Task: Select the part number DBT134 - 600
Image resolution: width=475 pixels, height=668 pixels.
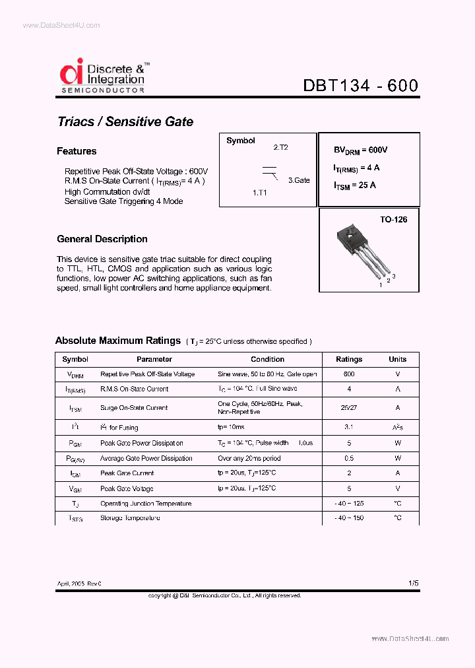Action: pyautogui.click(x=360, y=86)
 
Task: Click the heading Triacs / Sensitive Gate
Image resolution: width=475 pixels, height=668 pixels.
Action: pyautogui.click(x=125, y=121)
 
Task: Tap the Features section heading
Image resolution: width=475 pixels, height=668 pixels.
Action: pyautogui.click(x=77, y=151)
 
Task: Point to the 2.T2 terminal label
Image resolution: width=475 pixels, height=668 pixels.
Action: pyautogui.click(x=280, y=148)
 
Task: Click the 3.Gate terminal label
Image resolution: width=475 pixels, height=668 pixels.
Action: pyautogui.click(x=298, y=180)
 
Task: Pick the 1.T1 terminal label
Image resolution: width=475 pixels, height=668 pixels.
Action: pyautogui.click(x=261, y=193)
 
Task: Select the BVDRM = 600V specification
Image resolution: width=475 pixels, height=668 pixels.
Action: pyautogui.click(x=361, y=150)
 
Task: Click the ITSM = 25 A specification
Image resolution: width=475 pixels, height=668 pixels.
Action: pyautogui.click(x=355, y=185)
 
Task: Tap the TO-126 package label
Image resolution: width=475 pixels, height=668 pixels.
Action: pyautogui.click(x=393, y=219)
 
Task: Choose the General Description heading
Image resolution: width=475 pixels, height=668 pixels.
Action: pyautogui.click(x=102, y=239)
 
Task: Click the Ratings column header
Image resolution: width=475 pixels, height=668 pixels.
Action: pyautogui.click(x=349, y=359)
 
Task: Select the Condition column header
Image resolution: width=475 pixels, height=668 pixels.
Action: pyautogui.click(x=267, y=359)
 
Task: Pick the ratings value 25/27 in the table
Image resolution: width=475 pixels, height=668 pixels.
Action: pyautogui.click(x=349, y=408)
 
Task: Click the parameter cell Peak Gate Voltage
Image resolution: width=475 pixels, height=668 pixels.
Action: pyautogui.click(x=127, y=488)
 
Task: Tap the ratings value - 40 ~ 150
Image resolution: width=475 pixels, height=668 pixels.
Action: pyautogui.click(x=349, y=518)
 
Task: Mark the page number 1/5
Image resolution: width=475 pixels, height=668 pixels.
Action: pyautogui.click(x=413, y=583)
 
